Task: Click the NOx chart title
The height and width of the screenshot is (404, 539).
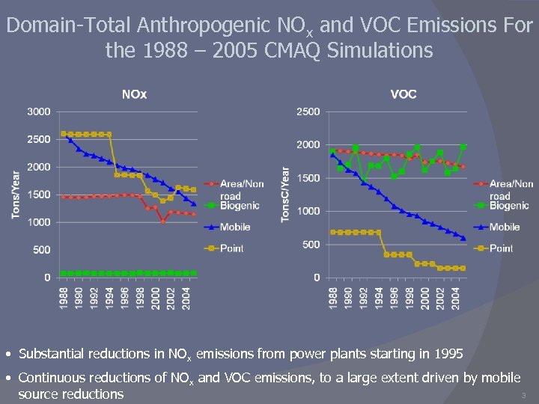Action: click(135, 94)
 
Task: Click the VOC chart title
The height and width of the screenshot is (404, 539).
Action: click(404, 94)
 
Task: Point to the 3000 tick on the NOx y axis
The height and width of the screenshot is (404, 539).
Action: click(39, 111)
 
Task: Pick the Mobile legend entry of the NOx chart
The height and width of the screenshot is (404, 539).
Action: click(234, 227)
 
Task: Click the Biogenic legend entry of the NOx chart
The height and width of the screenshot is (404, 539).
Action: click(240, 206)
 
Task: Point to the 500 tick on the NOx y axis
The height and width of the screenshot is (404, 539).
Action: click(41, 250)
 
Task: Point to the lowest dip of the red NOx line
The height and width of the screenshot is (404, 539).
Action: click(162, 221)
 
